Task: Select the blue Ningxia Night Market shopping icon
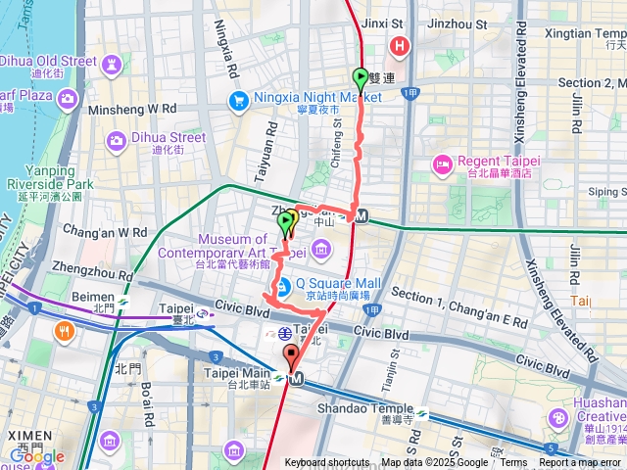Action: (x=238, y=99)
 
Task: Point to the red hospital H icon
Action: (x=400, y=46)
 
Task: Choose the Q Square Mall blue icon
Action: (x=281, y=287)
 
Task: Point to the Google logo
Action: (x=36, y=455)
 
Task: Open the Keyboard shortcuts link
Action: (x=327, y=463)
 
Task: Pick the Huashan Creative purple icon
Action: (x=558, y=418)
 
